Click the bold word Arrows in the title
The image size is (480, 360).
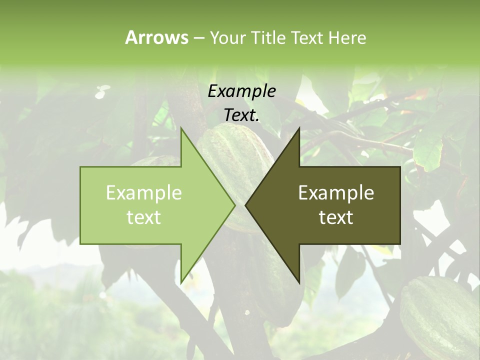[156, 37]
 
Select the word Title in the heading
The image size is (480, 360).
[269, 37]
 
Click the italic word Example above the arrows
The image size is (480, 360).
[242, 91]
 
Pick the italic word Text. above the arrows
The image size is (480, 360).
[242, 115]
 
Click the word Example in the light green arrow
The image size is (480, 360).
[144, 192]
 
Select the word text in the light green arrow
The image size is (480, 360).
[144, 217]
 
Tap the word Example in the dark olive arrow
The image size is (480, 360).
[336, 192]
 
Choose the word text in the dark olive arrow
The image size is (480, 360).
[336, 217]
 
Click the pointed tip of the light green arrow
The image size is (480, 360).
[234, 205]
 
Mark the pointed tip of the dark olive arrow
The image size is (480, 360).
[246, 205]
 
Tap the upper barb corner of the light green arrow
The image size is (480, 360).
[181, 129]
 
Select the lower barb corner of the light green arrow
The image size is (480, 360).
[181, 283]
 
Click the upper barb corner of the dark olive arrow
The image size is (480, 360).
[299, 129]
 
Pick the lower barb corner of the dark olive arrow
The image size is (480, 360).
[299, 283]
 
